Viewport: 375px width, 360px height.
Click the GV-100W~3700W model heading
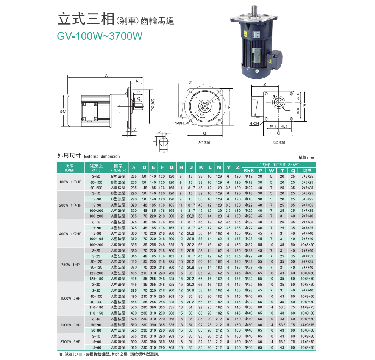[x=100, y=36]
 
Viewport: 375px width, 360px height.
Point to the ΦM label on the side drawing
[x=63, y=111]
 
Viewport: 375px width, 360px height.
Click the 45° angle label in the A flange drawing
[x=202, y=114]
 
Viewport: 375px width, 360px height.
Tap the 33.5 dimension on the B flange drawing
[x=298, y=96]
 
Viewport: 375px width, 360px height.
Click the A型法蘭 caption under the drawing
[x=204, y=142]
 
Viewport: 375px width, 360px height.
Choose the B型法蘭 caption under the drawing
[x=279, y=142]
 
